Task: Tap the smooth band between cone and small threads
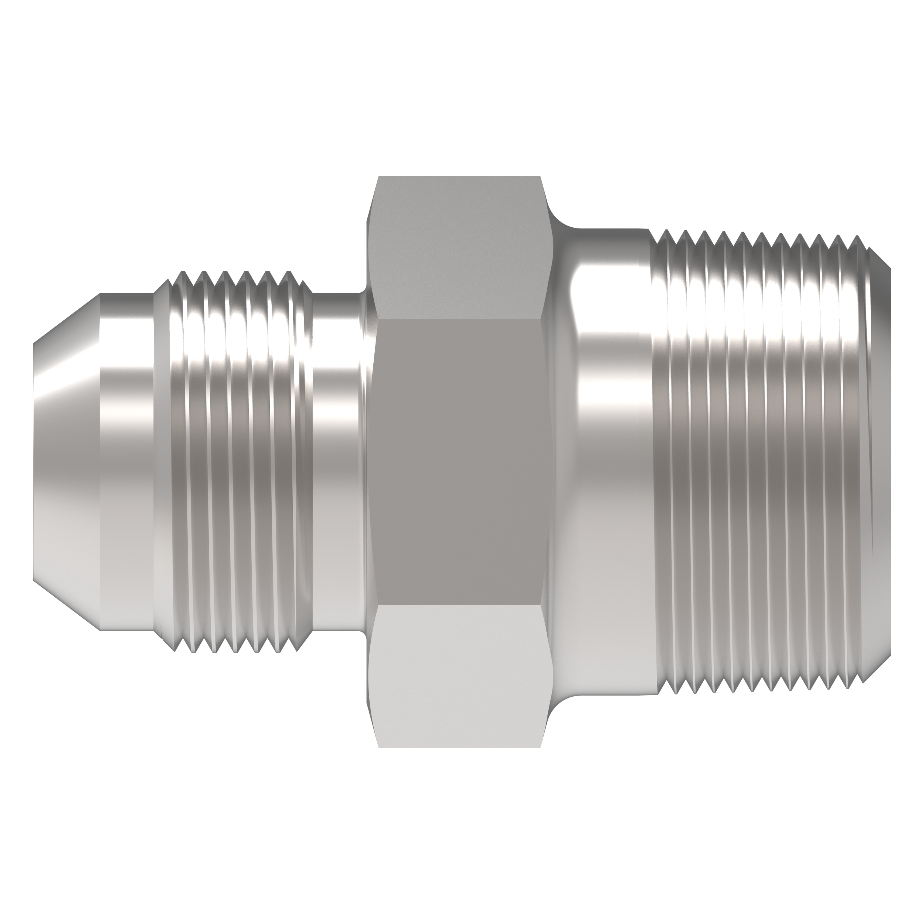click(127, 462)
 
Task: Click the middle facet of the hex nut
click(459, 462)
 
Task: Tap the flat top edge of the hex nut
click(459, 177)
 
